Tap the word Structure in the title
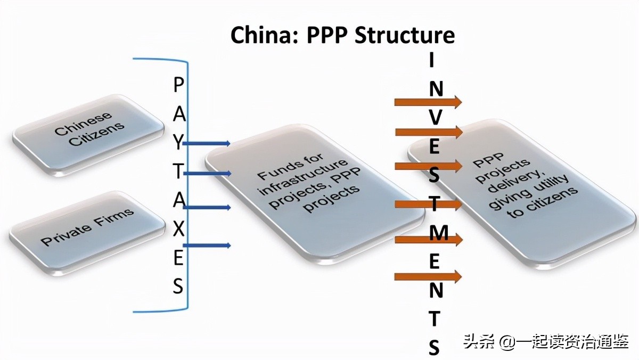coord(405,35)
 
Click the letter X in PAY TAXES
coord(179,229)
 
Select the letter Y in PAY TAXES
coord(179,142)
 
